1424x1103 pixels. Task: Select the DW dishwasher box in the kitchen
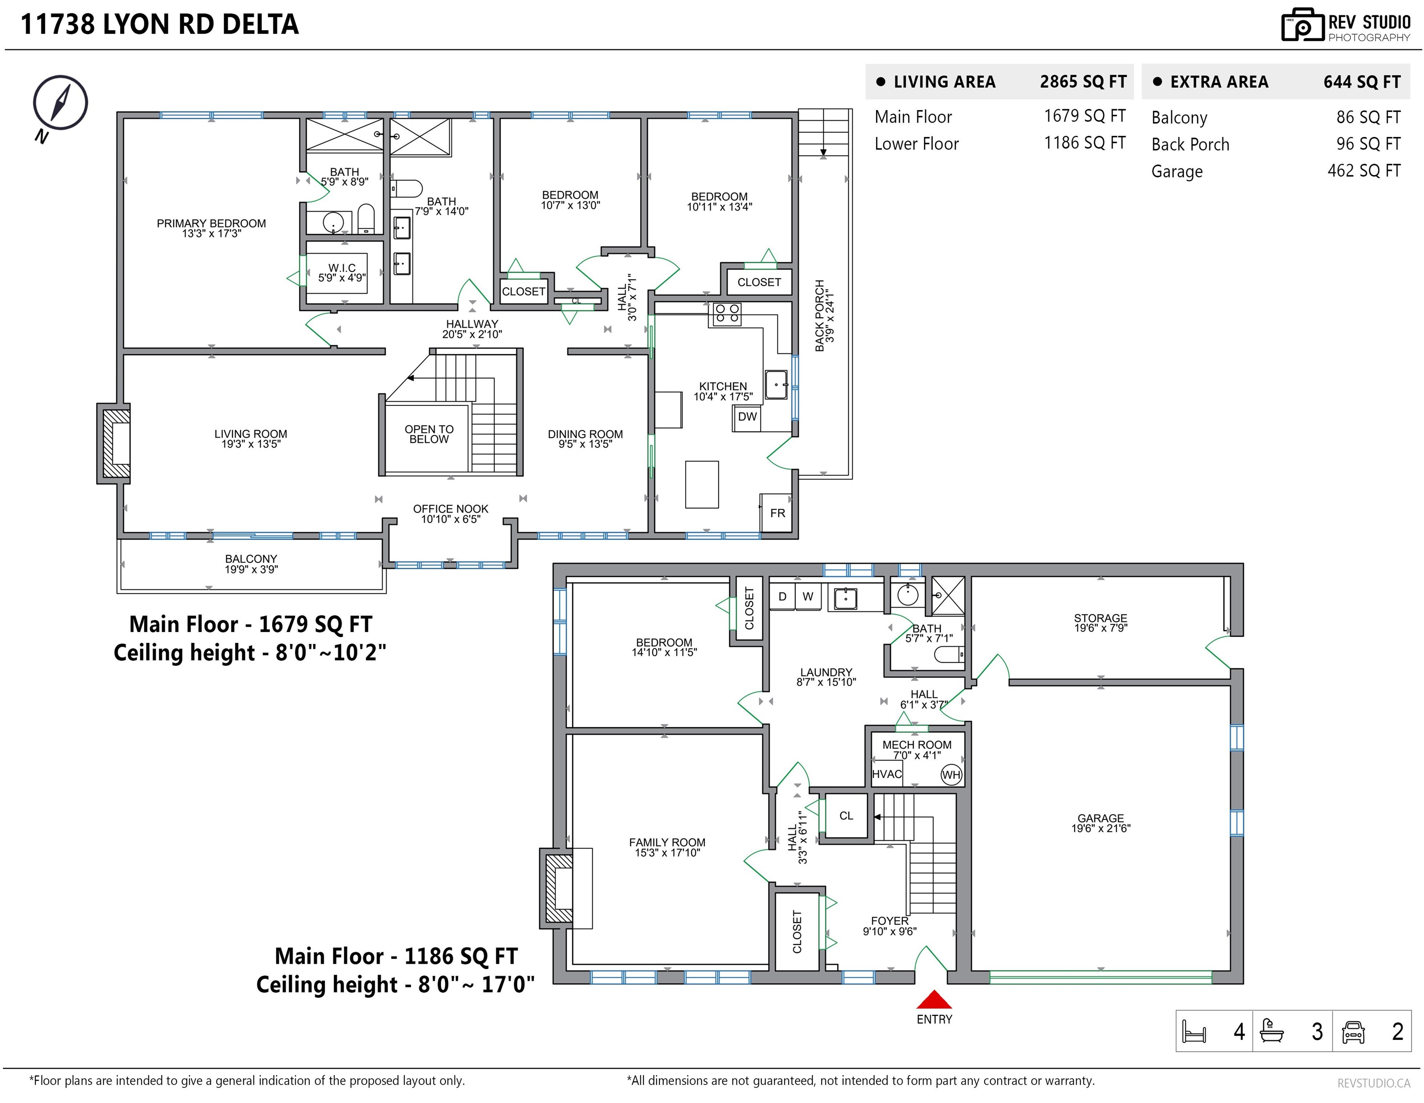click(747, 417)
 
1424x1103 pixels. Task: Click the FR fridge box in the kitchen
click(777, 513)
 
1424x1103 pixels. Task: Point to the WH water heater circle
click(951, 775)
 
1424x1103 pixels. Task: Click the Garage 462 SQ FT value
click(1364, 171)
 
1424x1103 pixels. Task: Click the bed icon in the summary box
click(1194, 1032)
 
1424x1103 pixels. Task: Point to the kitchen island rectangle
click(701, 484)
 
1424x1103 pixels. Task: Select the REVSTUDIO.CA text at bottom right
click(1374, 1083)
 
